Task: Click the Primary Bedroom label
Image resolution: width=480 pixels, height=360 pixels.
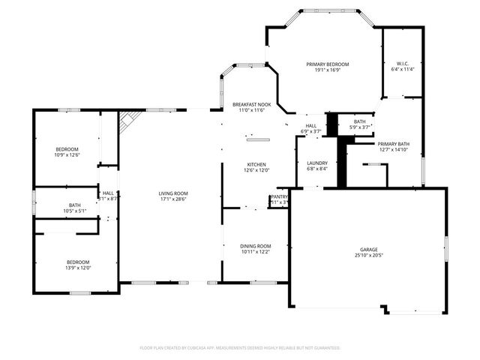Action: tap(327, 64)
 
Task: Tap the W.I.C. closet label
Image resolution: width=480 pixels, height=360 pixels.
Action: tap(402, 64)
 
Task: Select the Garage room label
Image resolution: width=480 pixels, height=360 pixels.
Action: tap(367, 250)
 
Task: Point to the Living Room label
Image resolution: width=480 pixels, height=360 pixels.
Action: tap(172, 193)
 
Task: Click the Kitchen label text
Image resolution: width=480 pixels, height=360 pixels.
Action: tap(257, 164)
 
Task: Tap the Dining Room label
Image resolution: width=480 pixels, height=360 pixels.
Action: tap(255, 246)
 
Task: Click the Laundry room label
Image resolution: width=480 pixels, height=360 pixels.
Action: tap(317, 163)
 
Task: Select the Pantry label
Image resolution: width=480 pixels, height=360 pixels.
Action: tap(279, 197)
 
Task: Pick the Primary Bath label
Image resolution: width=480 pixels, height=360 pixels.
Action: tap(393, 144)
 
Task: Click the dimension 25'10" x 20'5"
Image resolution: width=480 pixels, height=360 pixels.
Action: tap(367, 256)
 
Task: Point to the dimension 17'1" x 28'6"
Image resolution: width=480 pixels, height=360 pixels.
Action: tap(172, 199)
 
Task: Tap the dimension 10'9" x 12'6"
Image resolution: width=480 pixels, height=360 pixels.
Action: tap(67, 155)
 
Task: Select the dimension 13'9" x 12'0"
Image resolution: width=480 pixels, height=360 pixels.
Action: tap(78, 268)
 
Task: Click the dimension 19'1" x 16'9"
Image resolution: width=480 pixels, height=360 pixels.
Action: tap(327, 70)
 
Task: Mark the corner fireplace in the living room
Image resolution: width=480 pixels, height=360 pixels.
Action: tap(128, 120)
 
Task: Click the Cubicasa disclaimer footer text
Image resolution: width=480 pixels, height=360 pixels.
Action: tap(240, 348)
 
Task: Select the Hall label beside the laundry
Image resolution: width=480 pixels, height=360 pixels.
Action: tap(311, 125)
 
